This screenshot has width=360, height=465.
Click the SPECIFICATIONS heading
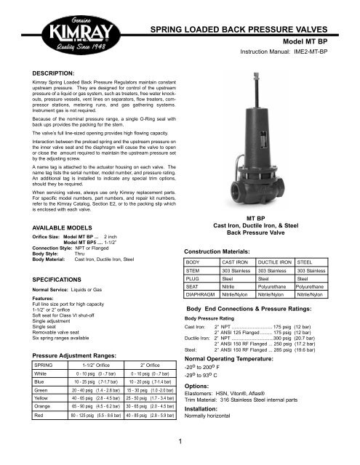46,259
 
